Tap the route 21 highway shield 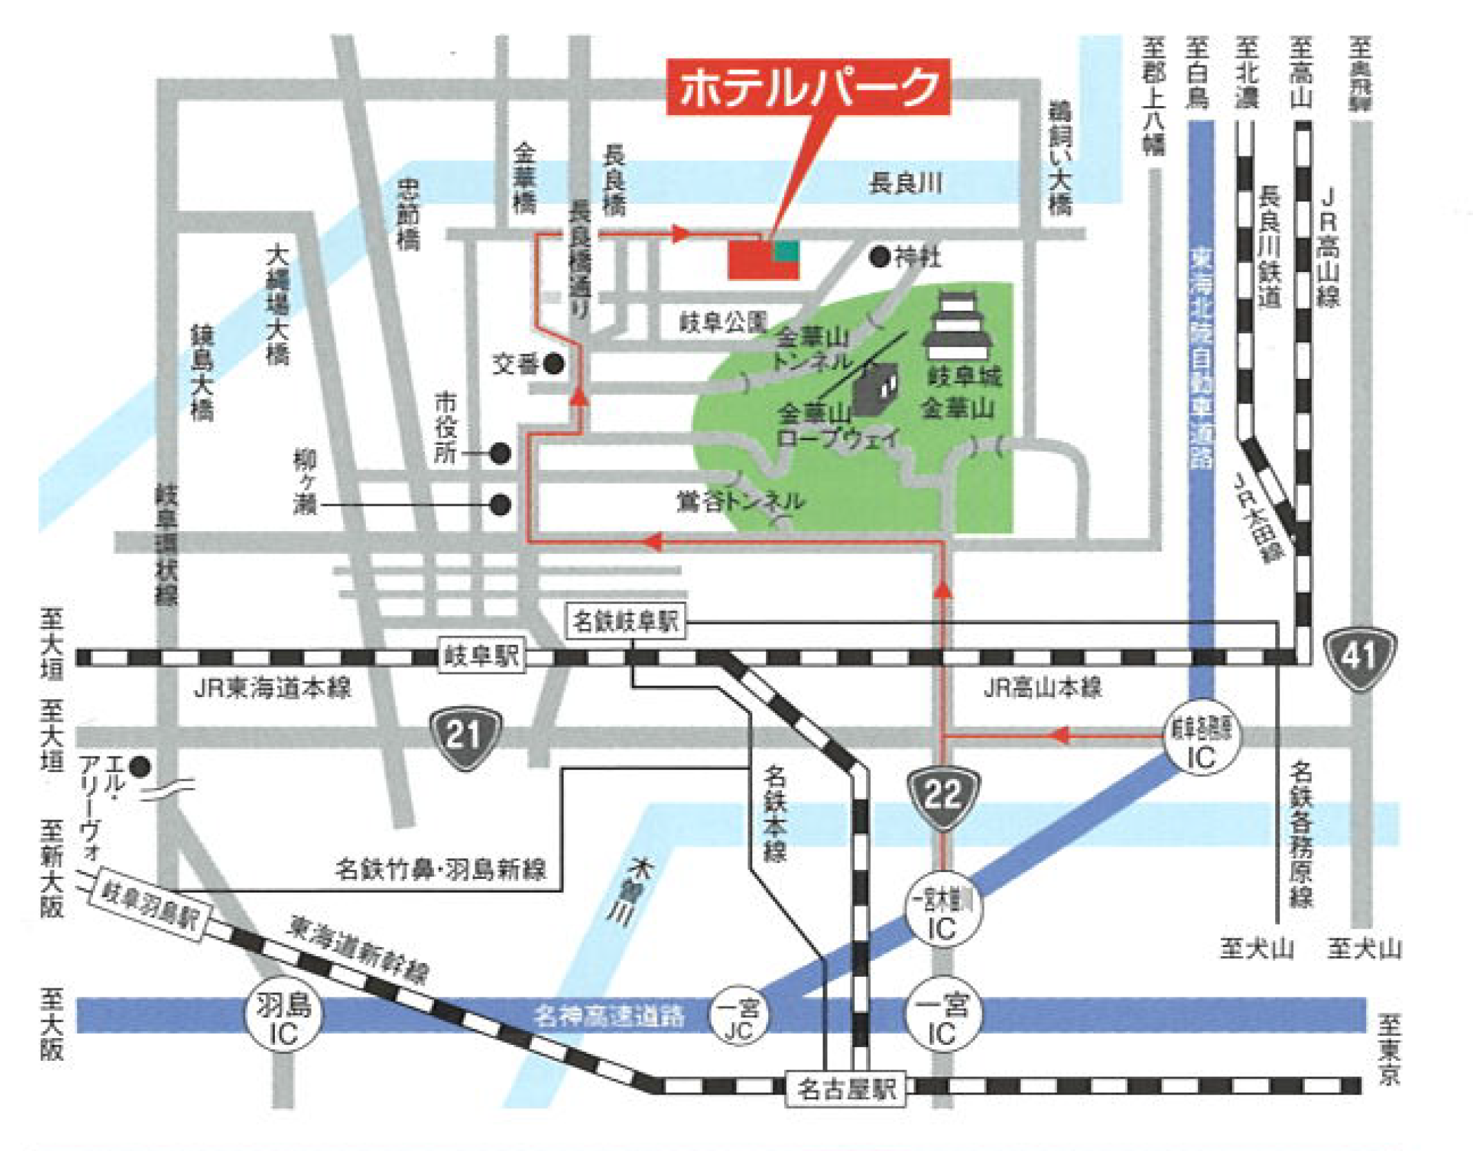tap(465, 738)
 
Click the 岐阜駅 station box tap(480, 656)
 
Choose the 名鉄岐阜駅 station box tap(626, 622)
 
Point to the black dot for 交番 tap(553, 364)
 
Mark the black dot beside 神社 tap(880, 258)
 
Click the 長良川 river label tap(905, 184)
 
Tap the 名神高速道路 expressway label tap(609, 1016)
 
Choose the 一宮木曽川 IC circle tap(942, 914)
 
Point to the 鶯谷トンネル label tap(741, 501)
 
